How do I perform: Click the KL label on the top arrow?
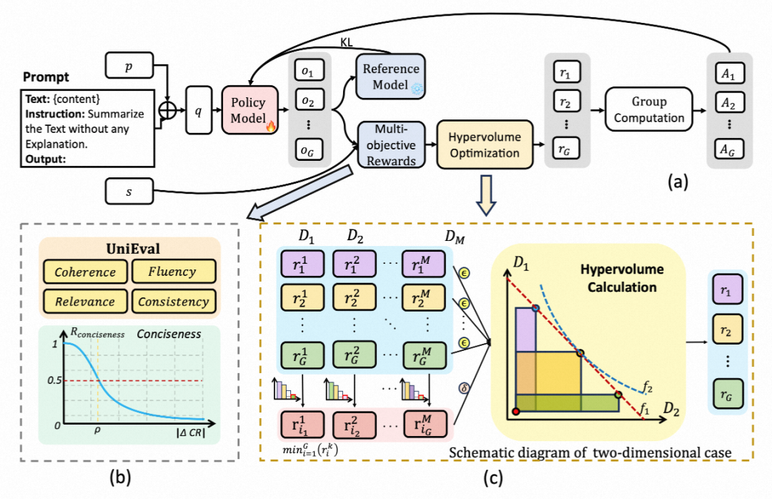click(x=346, y=44)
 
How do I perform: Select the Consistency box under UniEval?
click(x=174, y=301)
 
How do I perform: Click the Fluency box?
click(x=174, y=272)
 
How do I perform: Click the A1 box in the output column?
click(x=728, y=73)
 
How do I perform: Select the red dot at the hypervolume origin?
click(x=515, y=412)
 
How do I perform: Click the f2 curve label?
click(x=647, y=387)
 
